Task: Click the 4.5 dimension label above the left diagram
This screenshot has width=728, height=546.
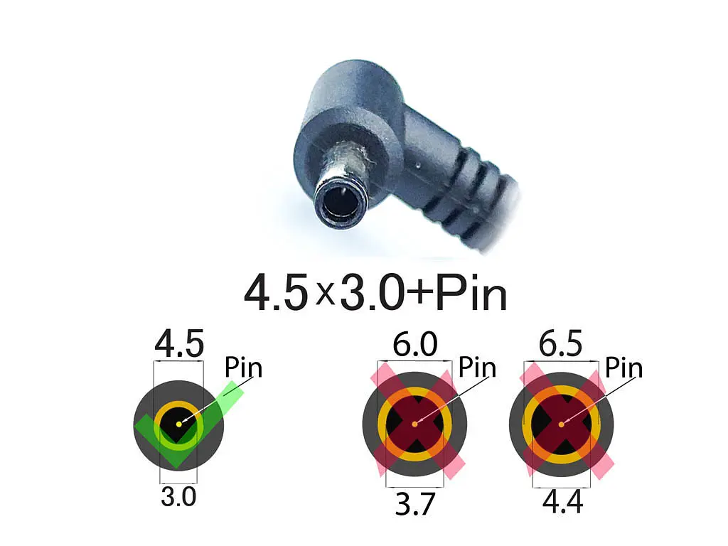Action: [x=179, y=344]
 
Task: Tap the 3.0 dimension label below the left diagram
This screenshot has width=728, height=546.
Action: [x=178, y=497]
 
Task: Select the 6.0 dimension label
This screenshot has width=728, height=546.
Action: [x=415, y=344]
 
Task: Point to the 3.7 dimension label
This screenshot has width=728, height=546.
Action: [x=414, y=504]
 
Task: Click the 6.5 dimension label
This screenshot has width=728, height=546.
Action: [x=560, y=344]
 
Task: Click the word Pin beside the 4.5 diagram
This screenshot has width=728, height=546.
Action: [x=243, y=368]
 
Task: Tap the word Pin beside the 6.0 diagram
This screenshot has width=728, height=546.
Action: [x=477, y=368]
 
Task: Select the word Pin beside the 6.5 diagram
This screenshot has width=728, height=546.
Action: [x=623, y=368]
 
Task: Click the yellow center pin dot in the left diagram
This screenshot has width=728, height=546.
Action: [x=179, y=424]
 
